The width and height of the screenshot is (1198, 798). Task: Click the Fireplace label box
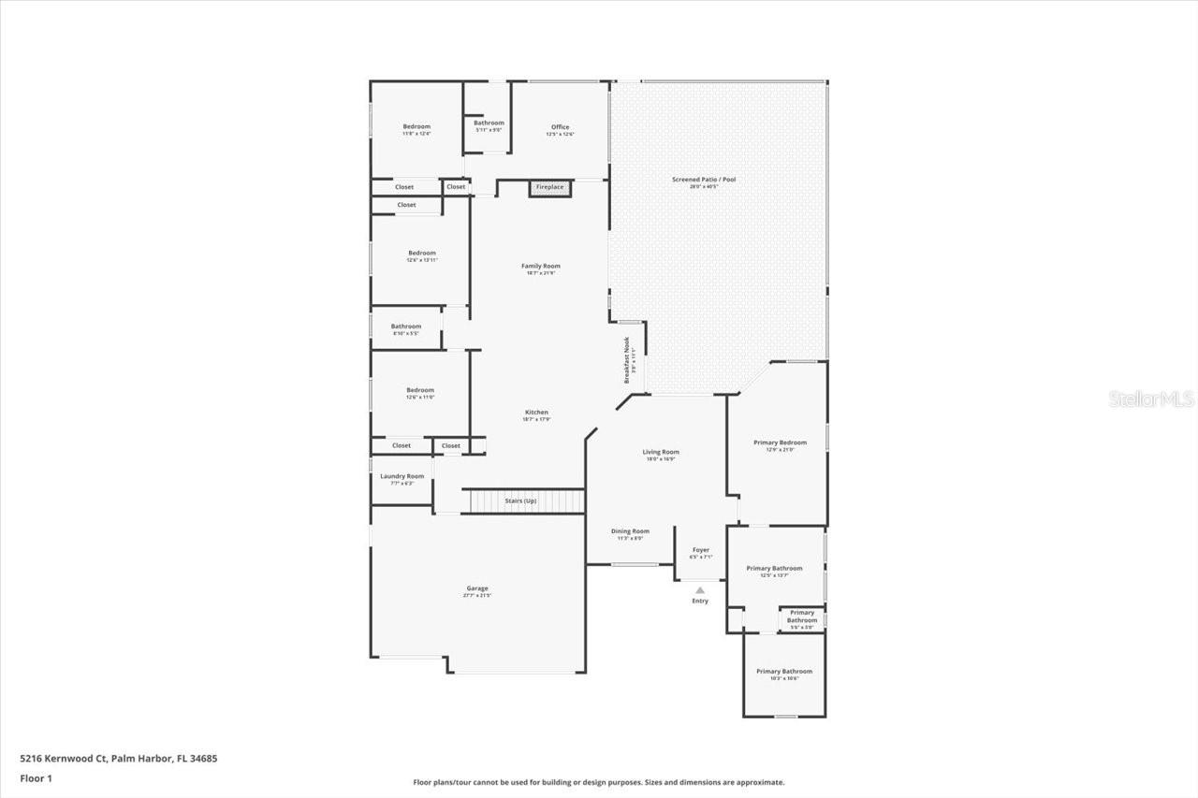pyautogui.click(x=549, y=187)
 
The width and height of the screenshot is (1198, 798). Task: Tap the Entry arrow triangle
pyautogui.click(x=700, y=590)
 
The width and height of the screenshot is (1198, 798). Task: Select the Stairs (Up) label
pyautogui.click(x=521, y=501)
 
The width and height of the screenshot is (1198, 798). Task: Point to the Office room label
pyautogui.click(x=560, y=127)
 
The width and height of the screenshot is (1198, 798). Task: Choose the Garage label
pyautogui.click(x=477, y=588)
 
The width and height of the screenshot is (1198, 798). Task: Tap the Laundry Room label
pyautogui.click(x=402, y=476)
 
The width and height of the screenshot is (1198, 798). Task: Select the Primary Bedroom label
pyautogui.click(x=780, y=443)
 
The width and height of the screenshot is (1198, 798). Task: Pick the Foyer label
pyautogui.click(x=700, y=550)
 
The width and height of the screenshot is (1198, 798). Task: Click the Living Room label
pyautogui.click(x=661, y=453)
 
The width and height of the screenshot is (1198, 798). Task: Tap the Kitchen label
pyautogui.click(x=536, y=413)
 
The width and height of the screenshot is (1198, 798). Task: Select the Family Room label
pyautogui.click(x=541, y=267)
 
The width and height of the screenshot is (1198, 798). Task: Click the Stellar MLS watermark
pyautogui.click(x=1151, y=399)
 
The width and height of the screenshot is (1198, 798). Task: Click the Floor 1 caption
pyautogui.click(x=37, y=777)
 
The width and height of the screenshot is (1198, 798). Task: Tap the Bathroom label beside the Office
pyautogui.click(x=489, y=123)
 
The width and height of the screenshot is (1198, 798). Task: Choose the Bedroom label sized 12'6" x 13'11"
pyautogui.click(x=421, y=254)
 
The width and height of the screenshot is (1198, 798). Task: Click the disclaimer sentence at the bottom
pyautogui.click(x=599, y=782)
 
